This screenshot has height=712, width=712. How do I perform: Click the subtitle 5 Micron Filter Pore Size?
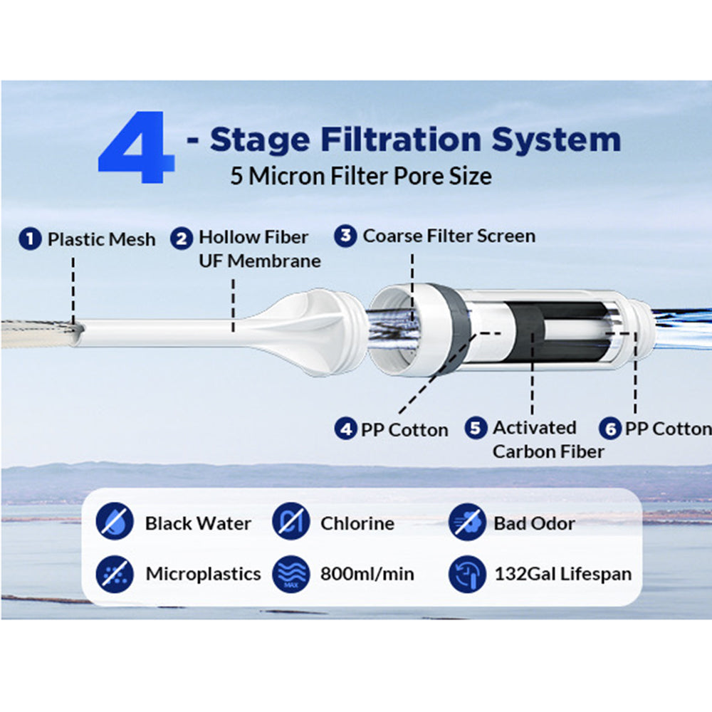(360, 176)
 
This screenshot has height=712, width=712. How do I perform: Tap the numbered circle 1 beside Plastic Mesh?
(30, 239)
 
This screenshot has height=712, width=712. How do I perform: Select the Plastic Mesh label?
(101, 239)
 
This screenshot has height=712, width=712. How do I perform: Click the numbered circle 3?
(345, 236)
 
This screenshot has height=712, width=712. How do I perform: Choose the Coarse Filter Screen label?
(449, 236)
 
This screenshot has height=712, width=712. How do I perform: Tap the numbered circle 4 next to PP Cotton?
(345, 429)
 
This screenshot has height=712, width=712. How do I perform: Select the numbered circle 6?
(609, 429)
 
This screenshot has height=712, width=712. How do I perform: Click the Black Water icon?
(113, 523)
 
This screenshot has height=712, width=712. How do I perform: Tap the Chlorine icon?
(289, 523)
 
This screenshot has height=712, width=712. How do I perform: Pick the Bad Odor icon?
(467, 523)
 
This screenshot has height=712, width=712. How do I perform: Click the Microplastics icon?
(113, 573)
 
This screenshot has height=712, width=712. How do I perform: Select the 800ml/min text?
(367, 573)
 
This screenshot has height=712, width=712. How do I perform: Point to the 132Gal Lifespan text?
(562, 573)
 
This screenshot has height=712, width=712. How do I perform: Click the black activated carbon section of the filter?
(530, 331)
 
